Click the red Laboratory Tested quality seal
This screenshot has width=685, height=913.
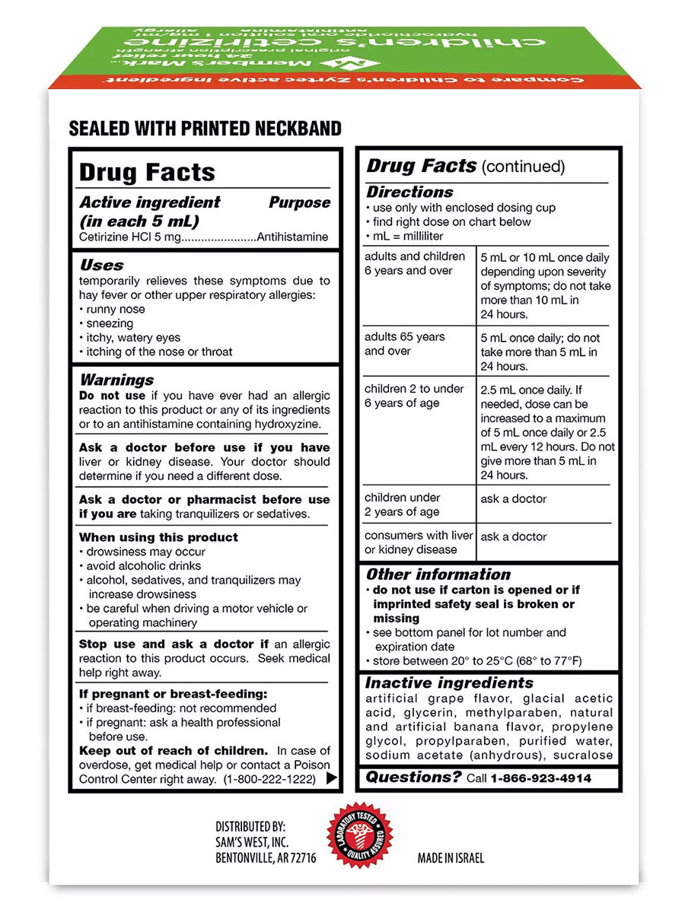[x=360, y=836]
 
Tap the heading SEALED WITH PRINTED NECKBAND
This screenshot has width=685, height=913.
[x=205, y=128]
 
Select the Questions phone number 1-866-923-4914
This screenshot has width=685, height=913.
[x=540, y=778]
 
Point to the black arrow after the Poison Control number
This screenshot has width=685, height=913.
[x=331, y=778]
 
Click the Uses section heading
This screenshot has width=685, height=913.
[x=101, y=266]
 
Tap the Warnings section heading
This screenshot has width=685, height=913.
[x=116, y=380]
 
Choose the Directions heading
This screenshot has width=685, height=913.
[x=409, y=192]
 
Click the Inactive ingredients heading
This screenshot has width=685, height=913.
[x=449, y=683]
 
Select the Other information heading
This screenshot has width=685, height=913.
[x=438, y=574]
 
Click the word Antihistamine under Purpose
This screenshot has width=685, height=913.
[x=293, y=237]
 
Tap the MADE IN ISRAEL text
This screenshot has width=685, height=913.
[x=451, y=858]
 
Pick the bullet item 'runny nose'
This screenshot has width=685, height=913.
[x=115, y=310]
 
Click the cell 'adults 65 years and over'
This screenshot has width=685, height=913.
[x=405, y=344]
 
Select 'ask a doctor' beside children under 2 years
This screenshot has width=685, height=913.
[x=514, y=499]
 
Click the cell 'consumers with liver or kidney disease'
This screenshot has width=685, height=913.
[x=418, y=542]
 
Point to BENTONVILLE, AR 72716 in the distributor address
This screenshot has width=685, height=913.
[x=266, y=858]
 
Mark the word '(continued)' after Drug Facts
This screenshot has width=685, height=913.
[x=524, y=167]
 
